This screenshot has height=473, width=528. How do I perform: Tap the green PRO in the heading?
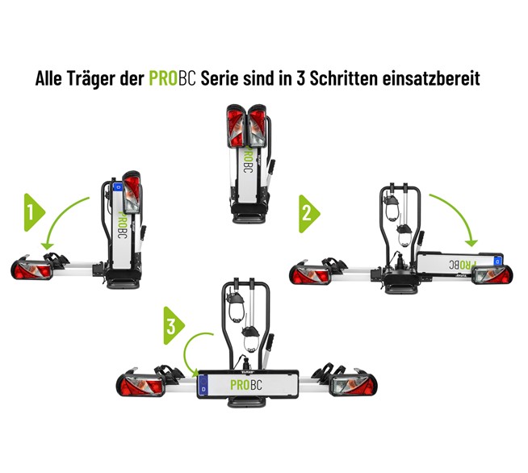pyautogui.click(x=163, y=78)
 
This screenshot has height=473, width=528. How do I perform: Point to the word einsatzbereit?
pyautogui.click(x=431, y=78)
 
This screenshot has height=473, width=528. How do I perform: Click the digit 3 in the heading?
pyautogui.click(x=300, y=78)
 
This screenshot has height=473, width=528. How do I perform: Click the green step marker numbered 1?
pyautogui.click(x=34, y=212)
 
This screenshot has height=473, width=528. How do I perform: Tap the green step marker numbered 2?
pyautogui.click(x=309, y=214)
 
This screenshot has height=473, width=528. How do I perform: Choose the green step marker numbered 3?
pyautogui.click(x=174, y=325)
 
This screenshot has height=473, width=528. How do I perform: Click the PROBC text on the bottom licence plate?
pyautogui.click(x=246, y=385)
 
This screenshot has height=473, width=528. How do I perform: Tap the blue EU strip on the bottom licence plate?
pyautogui.click(x=203, y=385)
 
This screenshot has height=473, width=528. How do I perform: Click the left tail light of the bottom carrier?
pyautogui.click(x=140, y=385)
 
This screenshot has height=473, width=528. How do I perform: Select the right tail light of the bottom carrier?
pyautogui.click(x=353, y=384)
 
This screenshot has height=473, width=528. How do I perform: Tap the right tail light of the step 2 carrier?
pyautogui.click(x=492, y=274)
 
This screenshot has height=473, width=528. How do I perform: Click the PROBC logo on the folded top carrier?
pyautogui.click(x=248, y=159)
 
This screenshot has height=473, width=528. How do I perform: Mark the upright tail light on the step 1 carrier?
pyautogui.click(x=132, y=193)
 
